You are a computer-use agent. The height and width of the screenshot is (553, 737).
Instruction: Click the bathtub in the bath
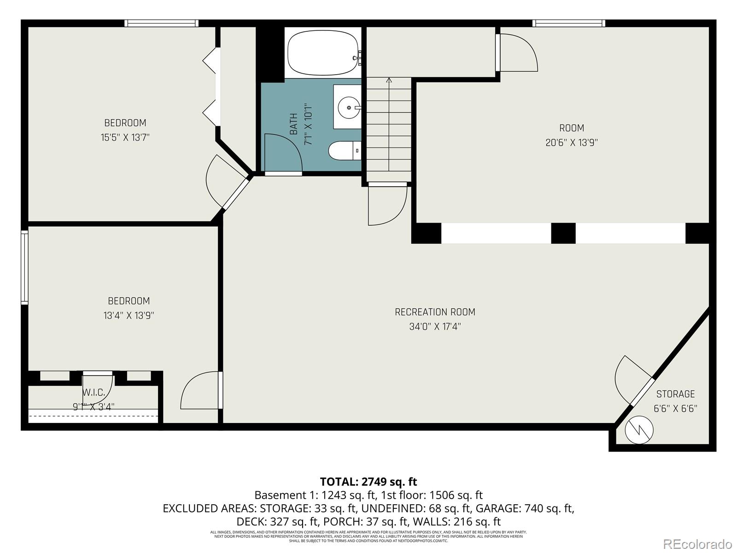(x=322, y=53)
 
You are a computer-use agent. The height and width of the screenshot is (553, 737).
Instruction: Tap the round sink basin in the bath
(x=348, y=107)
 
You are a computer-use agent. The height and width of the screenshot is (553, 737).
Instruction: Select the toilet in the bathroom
(x=343, y=151)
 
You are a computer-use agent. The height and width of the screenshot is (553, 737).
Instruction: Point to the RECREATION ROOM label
(x=435, y=312)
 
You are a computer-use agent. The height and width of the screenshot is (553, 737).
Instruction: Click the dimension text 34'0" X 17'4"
(x=435, y=327)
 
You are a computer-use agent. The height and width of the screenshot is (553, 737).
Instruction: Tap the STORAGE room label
(x=675, y=394)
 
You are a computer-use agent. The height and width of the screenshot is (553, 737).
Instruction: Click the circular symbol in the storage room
(x=639, y=430)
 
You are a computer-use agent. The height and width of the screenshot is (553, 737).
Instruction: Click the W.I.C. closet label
(x=94, y=393)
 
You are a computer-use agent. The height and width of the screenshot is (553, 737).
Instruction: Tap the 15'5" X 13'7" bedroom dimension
(x=125, y=137)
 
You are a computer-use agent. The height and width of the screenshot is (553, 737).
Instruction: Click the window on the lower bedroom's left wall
(x=24, y=267)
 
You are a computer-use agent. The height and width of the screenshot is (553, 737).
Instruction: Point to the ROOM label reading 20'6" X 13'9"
(x=572, y=128)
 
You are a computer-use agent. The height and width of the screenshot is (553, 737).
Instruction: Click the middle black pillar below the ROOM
(x=563, y=233)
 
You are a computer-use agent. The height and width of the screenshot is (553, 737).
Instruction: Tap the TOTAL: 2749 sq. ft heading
(x=368, y=482)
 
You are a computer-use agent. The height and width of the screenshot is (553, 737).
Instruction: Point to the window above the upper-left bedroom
(x=161, y=23)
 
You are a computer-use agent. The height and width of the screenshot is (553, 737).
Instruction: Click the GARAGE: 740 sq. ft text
(x=525, y=508)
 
